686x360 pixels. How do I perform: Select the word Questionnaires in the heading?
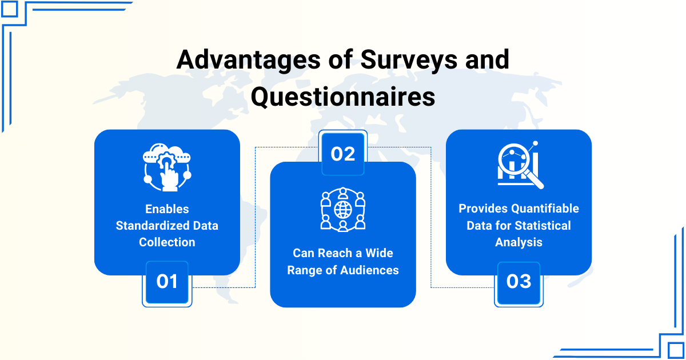343,97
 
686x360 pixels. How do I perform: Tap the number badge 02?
343,153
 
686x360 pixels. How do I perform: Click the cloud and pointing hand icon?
167,167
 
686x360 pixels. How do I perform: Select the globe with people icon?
343,210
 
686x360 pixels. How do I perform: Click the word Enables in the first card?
167,209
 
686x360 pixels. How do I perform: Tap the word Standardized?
152,226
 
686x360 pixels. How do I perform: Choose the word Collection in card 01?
167,242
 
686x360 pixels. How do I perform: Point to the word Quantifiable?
545,209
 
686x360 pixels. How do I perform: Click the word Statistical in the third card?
543,226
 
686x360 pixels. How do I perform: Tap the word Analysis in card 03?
519,242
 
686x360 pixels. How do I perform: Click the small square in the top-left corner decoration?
9,9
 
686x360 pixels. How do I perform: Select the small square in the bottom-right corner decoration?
675,350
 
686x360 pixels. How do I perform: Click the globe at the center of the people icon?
343,210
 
